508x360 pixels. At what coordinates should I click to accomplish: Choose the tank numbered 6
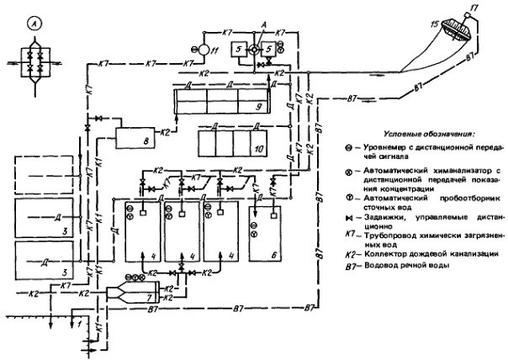coord(263,231)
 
